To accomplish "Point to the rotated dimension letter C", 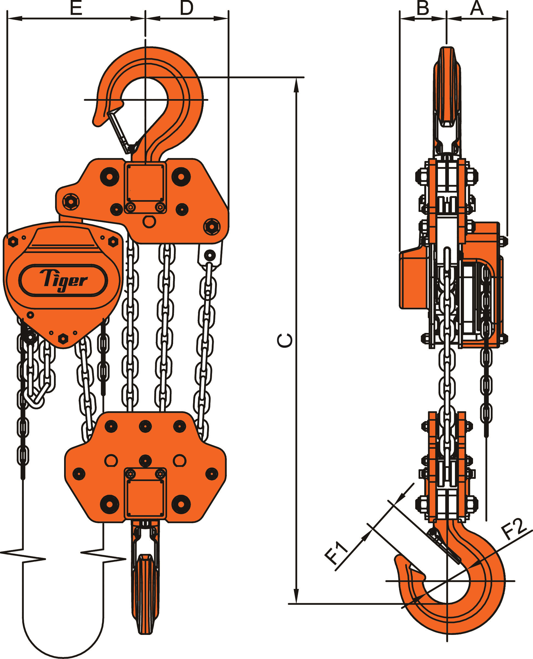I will (285, 340).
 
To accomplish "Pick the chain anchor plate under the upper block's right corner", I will (210, 255).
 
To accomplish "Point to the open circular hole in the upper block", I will (149, 221).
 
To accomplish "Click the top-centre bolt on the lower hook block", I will (145, 426).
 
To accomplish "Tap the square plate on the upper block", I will (145, 183).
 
